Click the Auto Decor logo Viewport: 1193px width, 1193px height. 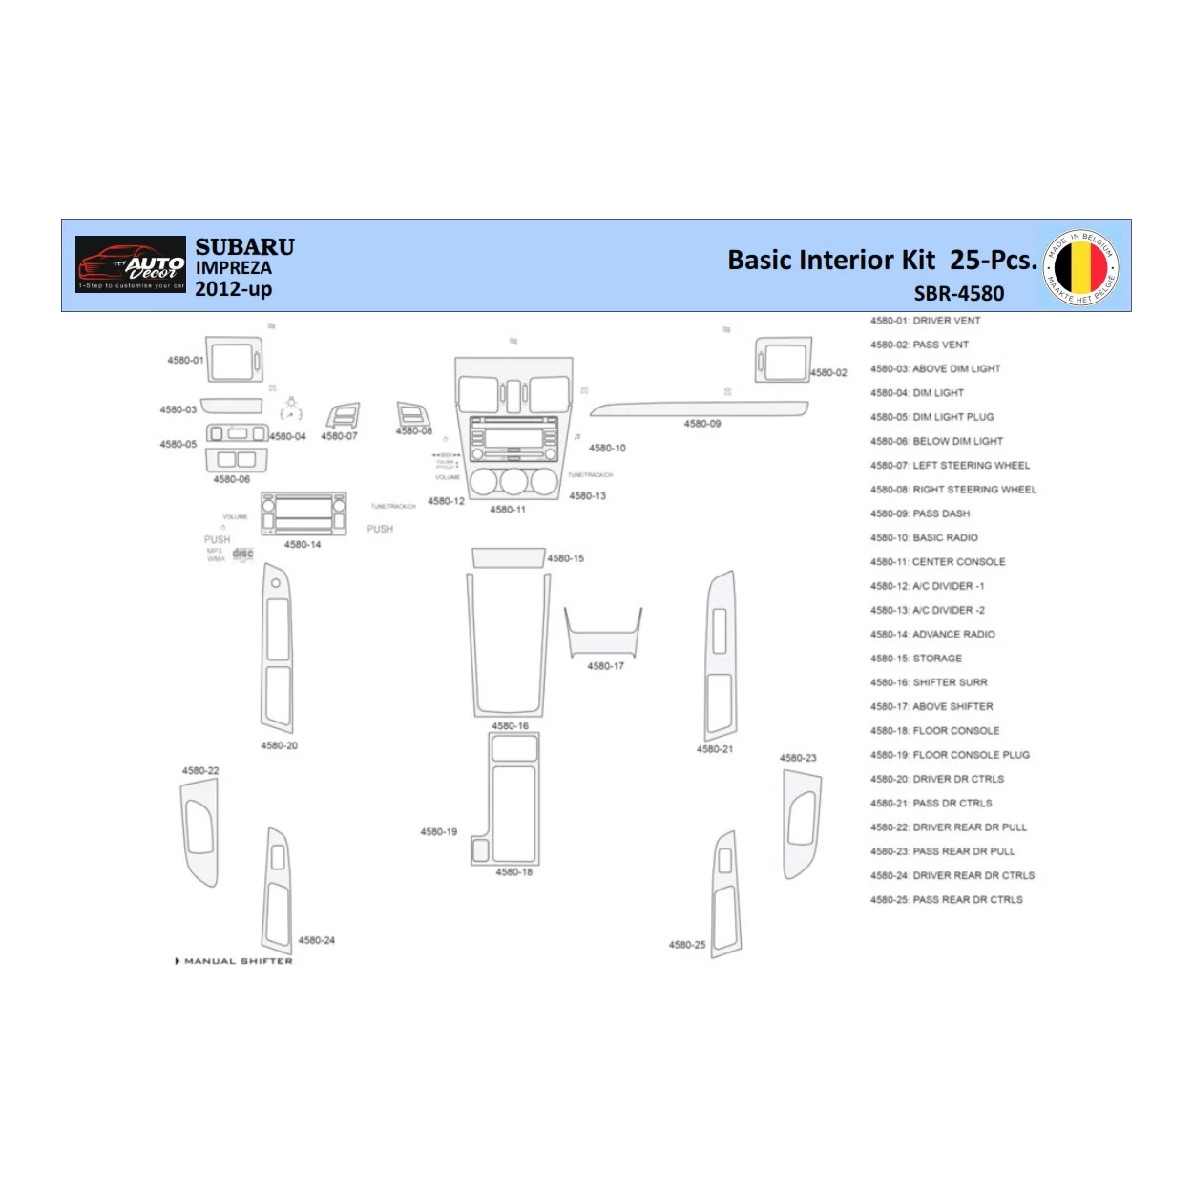tap(131, 264)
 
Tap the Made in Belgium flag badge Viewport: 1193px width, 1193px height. tap(1080, 267)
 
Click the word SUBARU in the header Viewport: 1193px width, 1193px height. tap(244, 247)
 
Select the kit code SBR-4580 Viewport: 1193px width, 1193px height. tap(958, 294)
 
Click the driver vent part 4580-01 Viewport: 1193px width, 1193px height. tap(234, 360)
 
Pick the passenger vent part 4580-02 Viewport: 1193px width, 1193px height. tap(784, 360)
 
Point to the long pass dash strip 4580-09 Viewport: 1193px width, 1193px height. tap(699, 409)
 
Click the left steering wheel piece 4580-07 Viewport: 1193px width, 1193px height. tap(343, 416)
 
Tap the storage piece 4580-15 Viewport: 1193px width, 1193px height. tap(508, 558)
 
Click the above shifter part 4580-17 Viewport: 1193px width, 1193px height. tap(603, 634)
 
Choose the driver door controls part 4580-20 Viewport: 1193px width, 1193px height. tap(277, 649)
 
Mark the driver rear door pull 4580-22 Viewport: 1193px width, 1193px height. tap(199, 830)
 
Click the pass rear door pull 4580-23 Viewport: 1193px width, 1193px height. tap(801, 823)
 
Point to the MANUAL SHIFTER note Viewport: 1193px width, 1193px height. tap(235, 961)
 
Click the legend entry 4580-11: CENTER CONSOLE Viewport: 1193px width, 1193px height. tap(937, 562)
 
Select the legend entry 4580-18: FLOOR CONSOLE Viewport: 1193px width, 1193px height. tap(934, 731)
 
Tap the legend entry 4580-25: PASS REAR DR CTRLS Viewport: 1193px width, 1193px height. tap(946, 900)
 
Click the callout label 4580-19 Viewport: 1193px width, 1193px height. tap(438, 832)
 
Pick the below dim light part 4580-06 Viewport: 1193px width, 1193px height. tap(237, 460)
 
